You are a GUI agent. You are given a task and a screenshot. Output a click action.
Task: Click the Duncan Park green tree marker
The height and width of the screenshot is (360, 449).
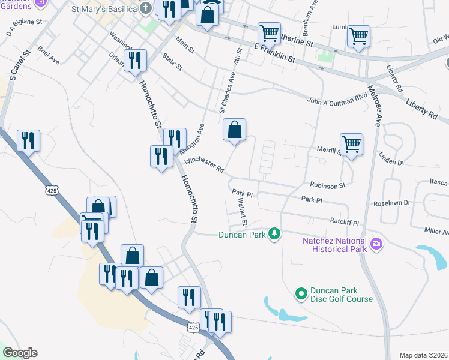274,233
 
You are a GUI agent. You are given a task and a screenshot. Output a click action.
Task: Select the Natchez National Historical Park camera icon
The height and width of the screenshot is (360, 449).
376,244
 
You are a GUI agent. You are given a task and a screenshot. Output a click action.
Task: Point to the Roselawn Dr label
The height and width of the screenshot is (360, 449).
391,203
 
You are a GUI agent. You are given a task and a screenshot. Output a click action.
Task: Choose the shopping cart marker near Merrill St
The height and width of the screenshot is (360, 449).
351,143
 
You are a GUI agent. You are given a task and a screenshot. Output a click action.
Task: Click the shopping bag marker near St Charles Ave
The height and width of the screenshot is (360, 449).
234,129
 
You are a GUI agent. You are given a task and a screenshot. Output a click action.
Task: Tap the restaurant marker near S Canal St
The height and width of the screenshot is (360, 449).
28,140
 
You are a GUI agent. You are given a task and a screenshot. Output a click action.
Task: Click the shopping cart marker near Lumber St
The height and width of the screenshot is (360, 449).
358,36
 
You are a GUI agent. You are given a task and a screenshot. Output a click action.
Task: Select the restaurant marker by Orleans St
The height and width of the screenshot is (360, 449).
135,60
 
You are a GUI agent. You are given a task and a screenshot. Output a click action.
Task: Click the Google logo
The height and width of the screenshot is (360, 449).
20,353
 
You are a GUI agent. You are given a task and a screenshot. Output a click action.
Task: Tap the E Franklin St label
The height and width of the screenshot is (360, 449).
275,53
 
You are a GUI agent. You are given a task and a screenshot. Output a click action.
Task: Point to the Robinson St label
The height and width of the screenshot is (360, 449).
328,186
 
